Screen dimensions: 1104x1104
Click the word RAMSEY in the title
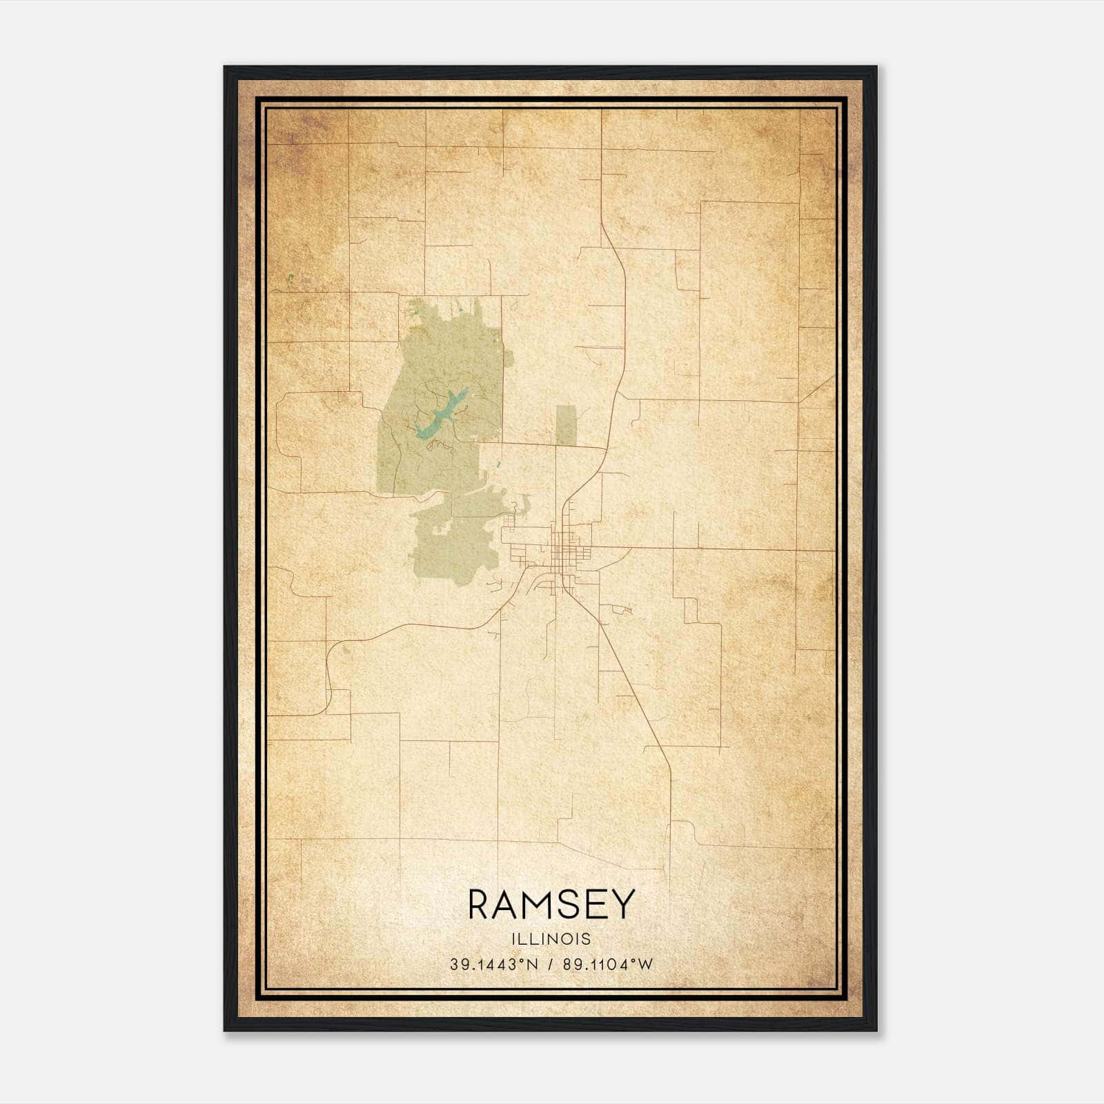pyautogui.click(x=551, y=905)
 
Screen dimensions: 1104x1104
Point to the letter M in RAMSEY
pyautogui.click(x=540, y=905)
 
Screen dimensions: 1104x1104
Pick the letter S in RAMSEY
pyautogui.click(x=569, y=905)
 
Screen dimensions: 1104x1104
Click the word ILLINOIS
pyautogui.click(x=551, y=939)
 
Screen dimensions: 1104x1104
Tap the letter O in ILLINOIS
pyautogui.click(x=568, y=939)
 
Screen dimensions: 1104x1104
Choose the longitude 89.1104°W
pyautogui.click(x=607, y=965)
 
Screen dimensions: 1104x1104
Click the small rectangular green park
pyautogui.click(x=566, y=425)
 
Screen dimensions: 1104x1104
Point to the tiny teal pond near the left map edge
pyautogui.click(x=290, y=279)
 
